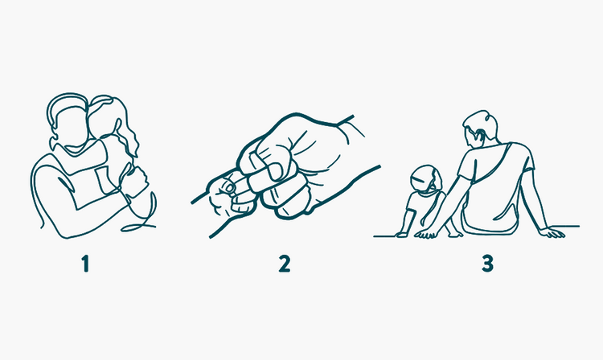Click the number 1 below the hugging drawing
[x=86, y=264]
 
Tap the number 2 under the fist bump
[x=285, y=264]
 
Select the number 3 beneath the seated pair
[x=487, y=264]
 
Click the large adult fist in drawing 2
[x=296, y=166]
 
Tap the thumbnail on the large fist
[x=275, y=171]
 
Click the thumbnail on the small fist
[x=230, y=187]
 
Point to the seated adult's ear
[x=479, y=135]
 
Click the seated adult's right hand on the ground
[x=552, y=232]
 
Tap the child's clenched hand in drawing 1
[x=137, y=180]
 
